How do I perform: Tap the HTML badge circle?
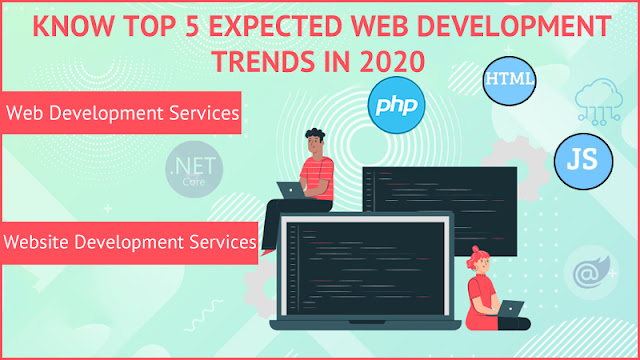[508, 79]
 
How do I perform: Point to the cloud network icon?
[598, 102]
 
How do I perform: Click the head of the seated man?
[314, 141]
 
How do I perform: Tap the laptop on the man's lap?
[290, 188]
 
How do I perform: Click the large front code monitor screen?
[366, 264]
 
